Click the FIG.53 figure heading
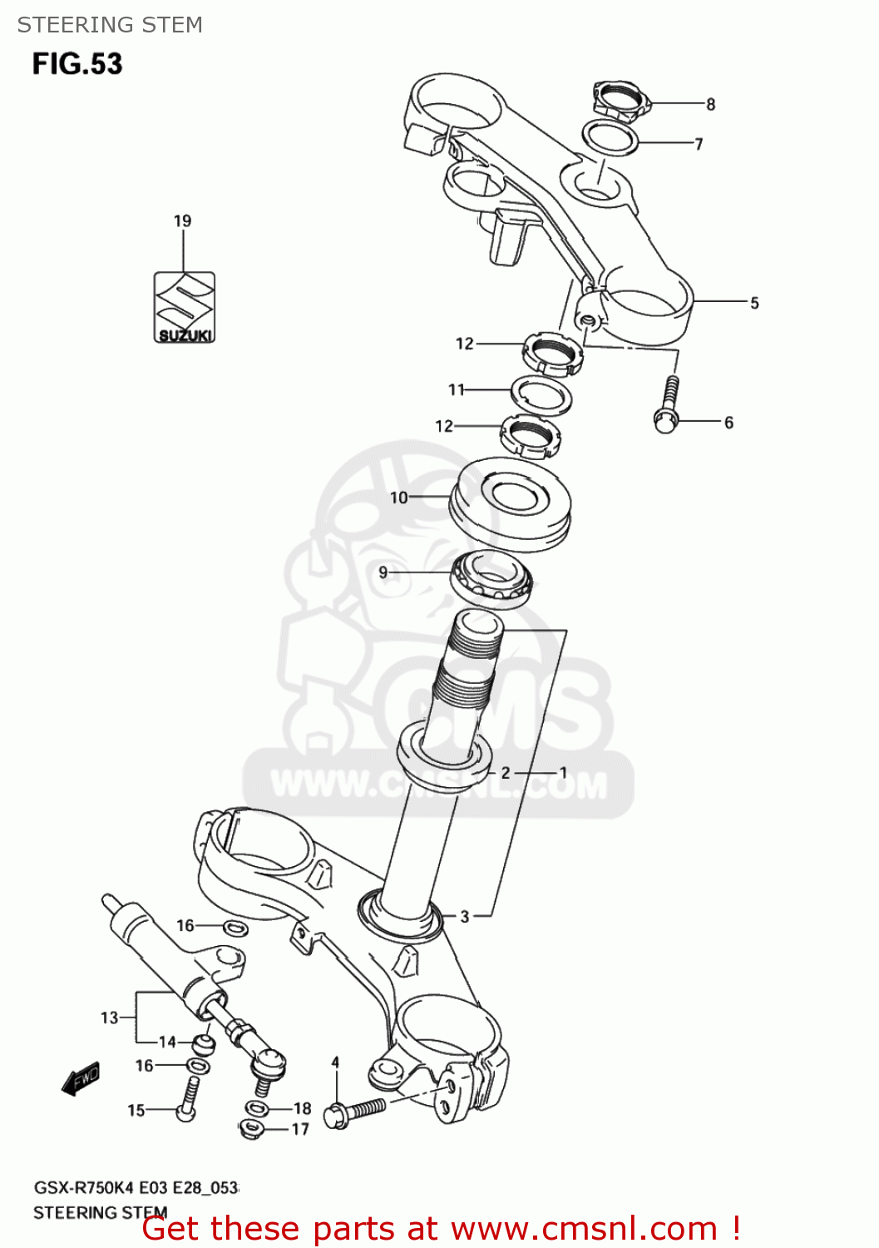[x=77, y=64]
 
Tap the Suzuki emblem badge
[x=184, y=307]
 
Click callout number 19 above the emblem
[x=182, y=220]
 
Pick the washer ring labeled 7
[x=610, y=138]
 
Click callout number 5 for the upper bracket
[x=754, y=303]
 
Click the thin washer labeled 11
[x=541, y=394]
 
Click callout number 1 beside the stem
[x=563, y=773]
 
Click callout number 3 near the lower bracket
[x=465, y=916]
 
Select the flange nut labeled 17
[x=250, y=1129]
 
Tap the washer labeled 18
[x=257, y=1107]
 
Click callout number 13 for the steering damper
[x=109, y=1017]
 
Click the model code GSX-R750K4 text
[x=83, y=1187]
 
